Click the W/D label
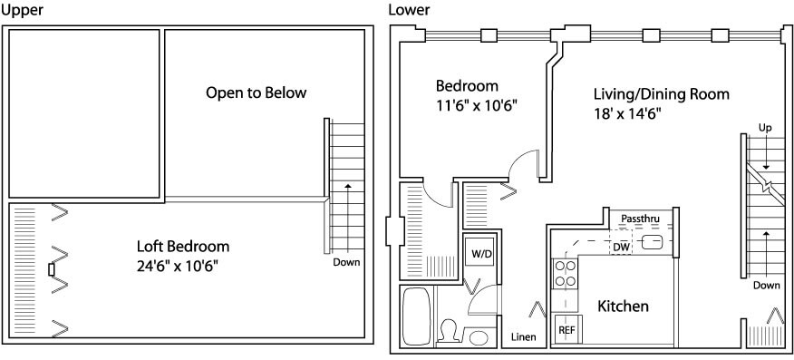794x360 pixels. coord(481,254)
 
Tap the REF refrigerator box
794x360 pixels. coord(566,329)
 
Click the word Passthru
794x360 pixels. coord(639,219)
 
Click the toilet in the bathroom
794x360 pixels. coord(448,332)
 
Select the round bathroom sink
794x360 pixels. coord(477,336)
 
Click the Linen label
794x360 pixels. coord(524,337)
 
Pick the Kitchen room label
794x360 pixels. coord(623,306)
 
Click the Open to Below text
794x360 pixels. coord(257,93)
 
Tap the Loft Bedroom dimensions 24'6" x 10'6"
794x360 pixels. coord(178,266)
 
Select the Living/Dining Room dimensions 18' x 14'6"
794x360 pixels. coord(628,113)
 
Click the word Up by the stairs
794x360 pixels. coord(765,128)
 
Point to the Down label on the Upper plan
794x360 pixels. coord(346,262)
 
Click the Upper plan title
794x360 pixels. coord(23,10)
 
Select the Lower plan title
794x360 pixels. coord(409,9)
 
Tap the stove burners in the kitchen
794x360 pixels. coord(565,273)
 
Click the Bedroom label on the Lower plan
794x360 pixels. coord(467,85)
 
